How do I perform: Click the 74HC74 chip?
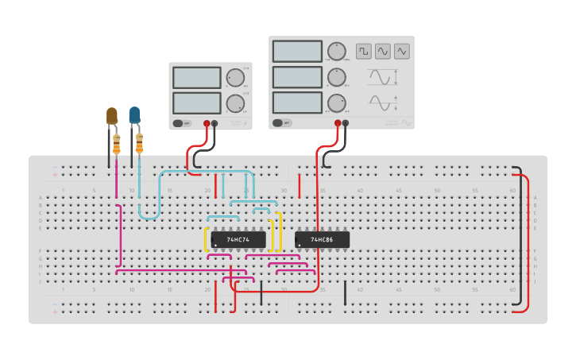click(x=238, y=239)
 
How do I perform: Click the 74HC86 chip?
click(x=322, y=239)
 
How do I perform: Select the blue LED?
click(x=134, y=114)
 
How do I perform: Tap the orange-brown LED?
click(x=112, y=115)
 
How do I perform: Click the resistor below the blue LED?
click(x=140, y=144)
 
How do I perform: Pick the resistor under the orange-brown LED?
click(x=117, y=145)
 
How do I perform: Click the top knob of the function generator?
click(x=337, y=52)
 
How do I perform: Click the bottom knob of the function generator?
click(x=337, y=103)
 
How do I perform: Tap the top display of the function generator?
click(x=296, y=51)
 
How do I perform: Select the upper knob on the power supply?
click(x=235, y=78)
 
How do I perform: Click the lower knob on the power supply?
click(x=235, y=103)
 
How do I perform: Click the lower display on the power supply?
click(x=196, y=103)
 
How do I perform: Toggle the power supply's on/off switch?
click(x=182, y=123)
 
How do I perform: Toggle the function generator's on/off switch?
click(x=280, y=123)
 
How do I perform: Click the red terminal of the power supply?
click(x=207, y=123)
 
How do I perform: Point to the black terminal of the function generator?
click(x=346, y=123)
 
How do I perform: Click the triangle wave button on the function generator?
click(x=402, y=51)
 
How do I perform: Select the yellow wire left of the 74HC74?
click(x=207, y=240)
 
